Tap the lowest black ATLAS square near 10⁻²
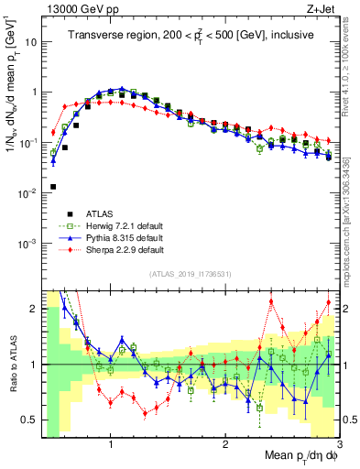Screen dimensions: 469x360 [x=53, y=186]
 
